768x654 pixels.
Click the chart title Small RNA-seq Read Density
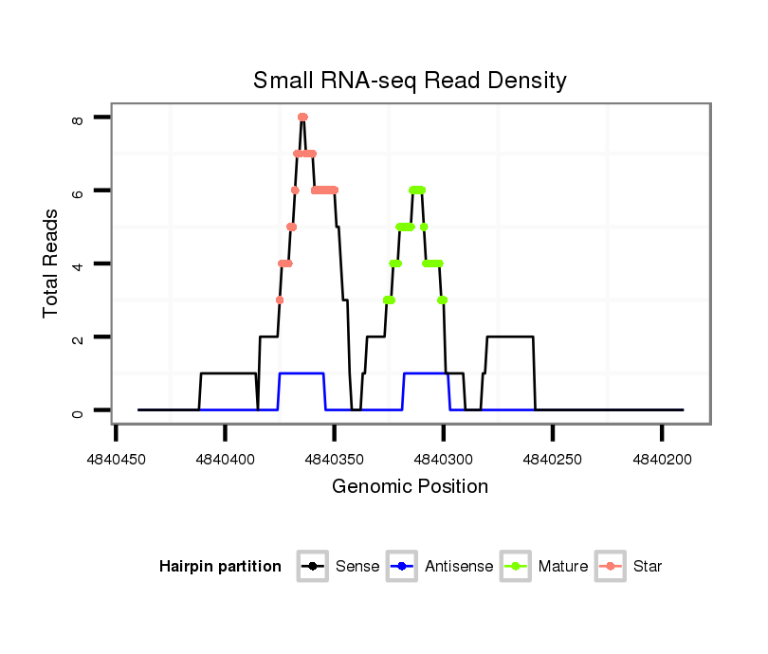pyautogui.click(x=410, y=81)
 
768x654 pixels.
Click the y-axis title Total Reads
pyautogui.click(x=51, y=263)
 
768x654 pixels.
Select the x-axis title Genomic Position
pyautogui.click(x=410, y=487)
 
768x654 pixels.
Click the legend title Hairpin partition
pyautogui.click(x=220, y=567)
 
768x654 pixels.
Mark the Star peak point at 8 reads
pyautogui.click(x=302, y=117)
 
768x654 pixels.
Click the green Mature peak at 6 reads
pyautogui.click(x=417, y=190)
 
